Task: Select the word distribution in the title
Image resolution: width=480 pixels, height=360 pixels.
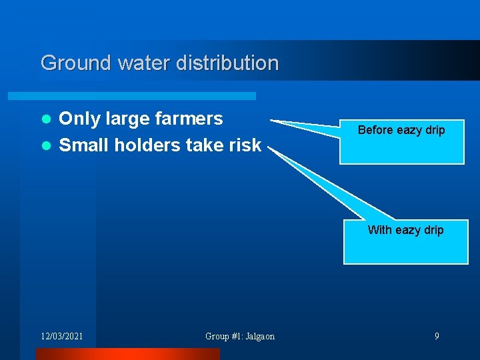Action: tap(227, 63)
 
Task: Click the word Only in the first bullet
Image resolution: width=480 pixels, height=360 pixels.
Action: tap(79, 119)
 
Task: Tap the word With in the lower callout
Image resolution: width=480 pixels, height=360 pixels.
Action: tap(379, 230)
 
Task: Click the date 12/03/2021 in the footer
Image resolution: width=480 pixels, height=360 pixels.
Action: tap(62, 336)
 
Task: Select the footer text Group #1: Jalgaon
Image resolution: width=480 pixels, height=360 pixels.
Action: tap(240, 336)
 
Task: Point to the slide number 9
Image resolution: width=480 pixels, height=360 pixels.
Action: tap(437, 336)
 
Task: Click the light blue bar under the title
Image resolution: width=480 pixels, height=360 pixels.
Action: tap(147, 96)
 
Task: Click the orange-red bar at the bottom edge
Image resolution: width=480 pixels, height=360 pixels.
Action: tap(127, 354)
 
